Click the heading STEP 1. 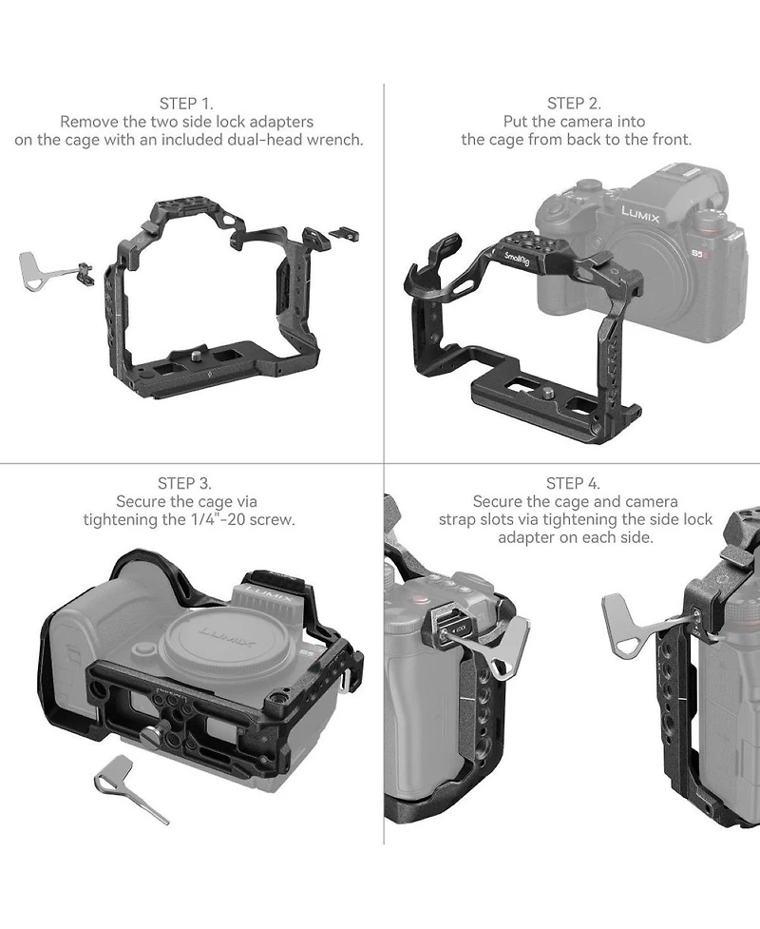click(186, 104)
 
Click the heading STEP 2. click(574, 104)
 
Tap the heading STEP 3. click(184, 483)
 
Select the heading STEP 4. click(573, 483)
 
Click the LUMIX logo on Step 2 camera click(640, 215)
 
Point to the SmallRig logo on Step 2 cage click(517, 259)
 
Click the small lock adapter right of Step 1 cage click(343, 233)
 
